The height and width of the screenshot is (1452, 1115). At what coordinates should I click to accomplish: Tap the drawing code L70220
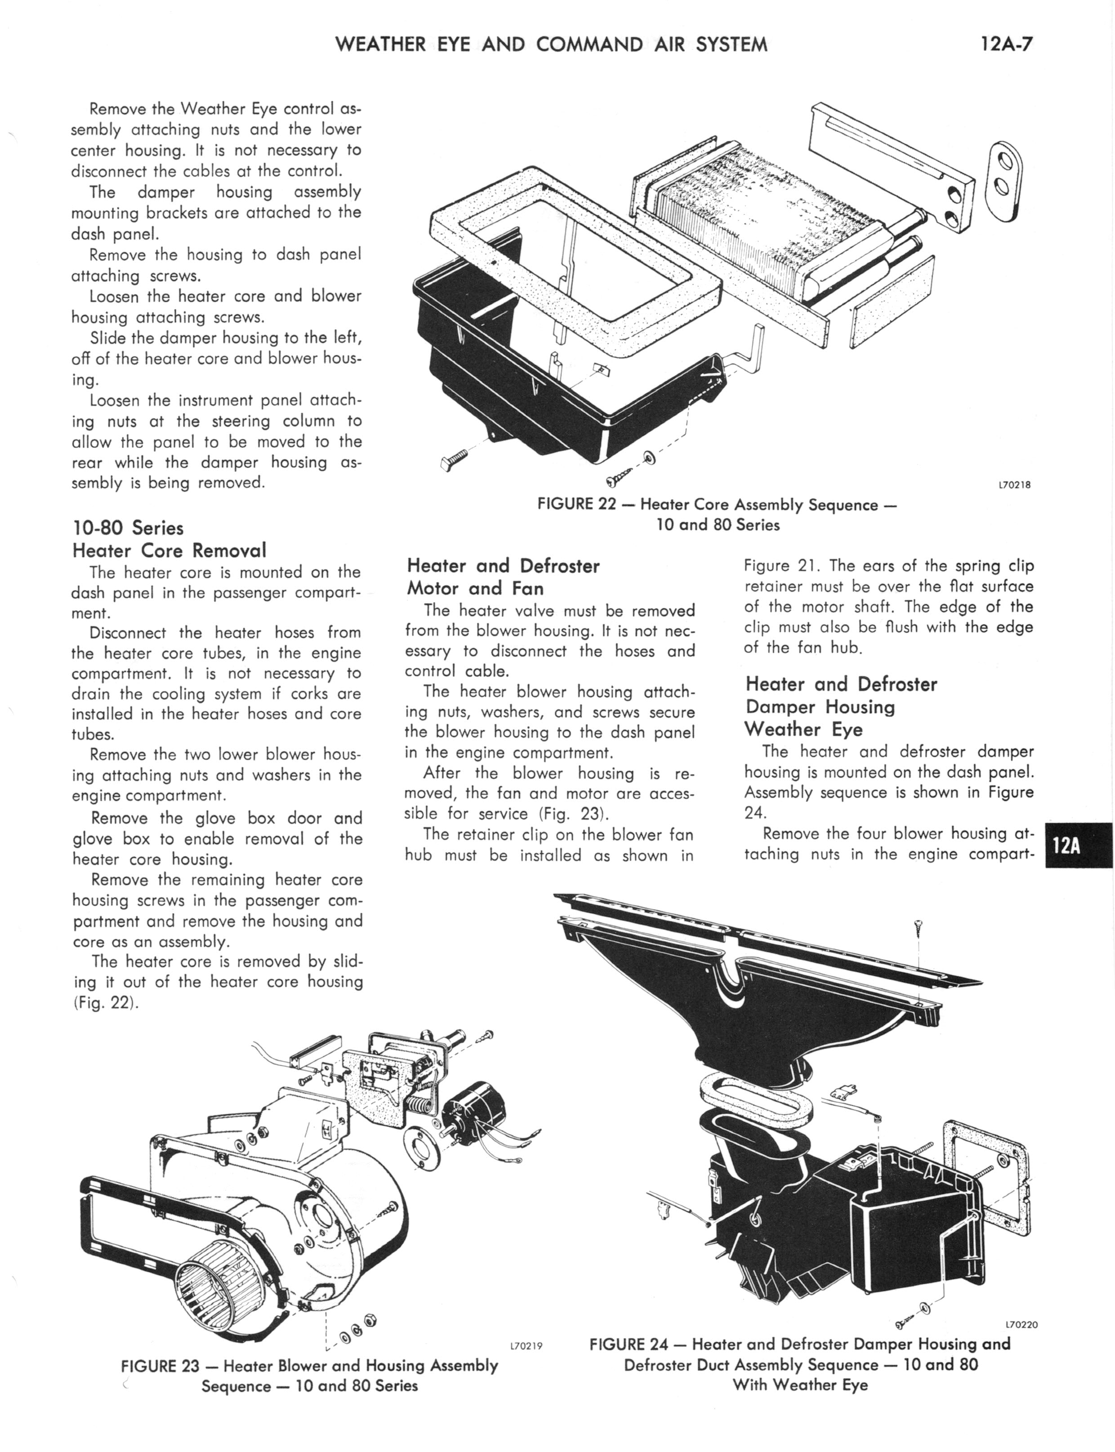click(x=1021, y=1325)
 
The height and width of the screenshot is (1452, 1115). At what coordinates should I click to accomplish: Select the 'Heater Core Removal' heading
click(x=169, y=550)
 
